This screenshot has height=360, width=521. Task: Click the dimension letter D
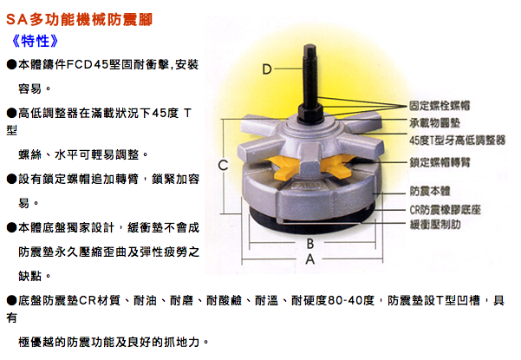[267, 69]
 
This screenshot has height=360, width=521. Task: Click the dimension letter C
[224, 165]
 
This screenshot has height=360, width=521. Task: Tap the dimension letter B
[310, 244]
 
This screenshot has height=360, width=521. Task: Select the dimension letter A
[310, 259]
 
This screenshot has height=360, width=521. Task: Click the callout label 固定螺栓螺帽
[440, 106]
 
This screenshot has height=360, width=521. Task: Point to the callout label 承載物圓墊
[434, 123]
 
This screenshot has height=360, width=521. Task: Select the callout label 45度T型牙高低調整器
[457, 141]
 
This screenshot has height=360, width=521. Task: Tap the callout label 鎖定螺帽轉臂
[440, 162]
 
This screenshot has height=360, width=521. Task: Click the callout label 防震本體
[430, 191]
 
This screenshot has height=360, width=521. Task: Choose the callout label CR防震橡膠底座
[445, 210]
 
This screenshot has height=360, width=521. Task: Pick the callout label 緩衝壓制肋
[434, 225]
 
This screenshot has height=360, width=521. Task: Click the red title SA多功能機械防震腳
[79, 19]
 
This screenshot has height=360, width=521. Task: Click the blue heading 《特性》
[35, 41]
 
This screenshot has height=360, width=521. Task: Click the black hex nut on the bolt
[309, 112]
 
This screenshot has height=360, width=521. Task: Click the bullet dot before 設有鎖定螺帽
[11, 179]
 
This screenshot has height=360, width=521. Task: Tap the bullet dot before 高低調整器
[11, 113]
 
